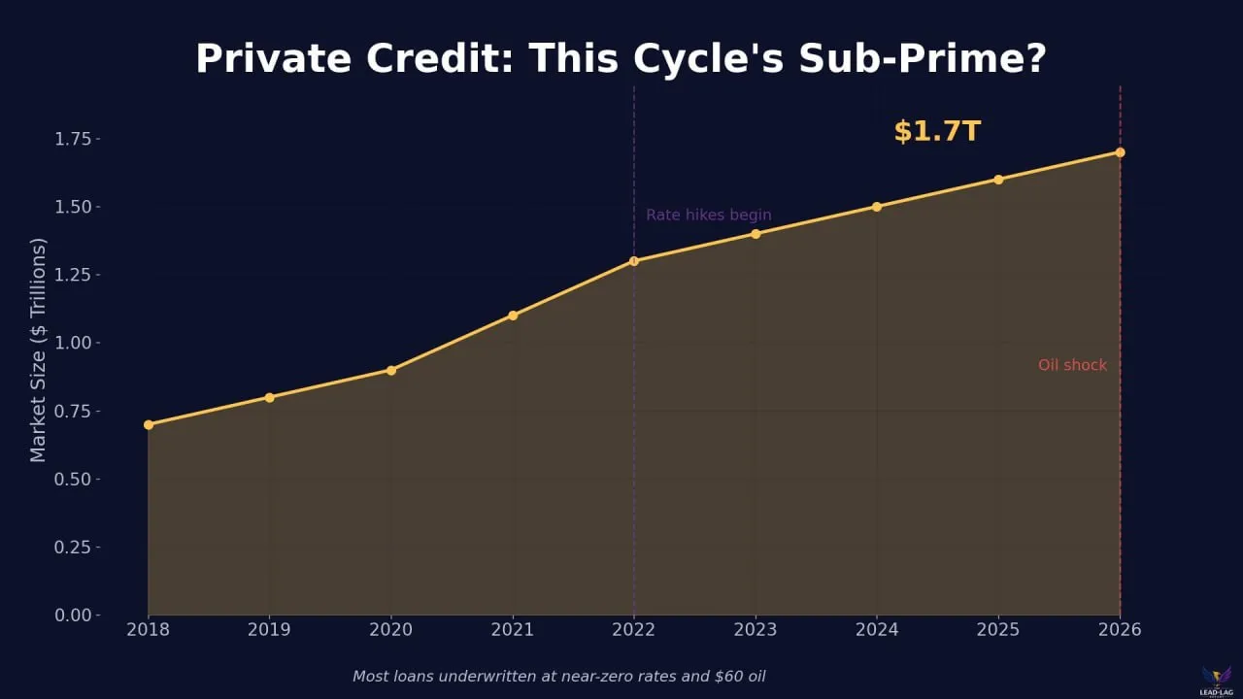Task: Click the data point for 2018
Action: coord(149,424)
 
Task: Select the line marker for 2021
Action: coord(513,316)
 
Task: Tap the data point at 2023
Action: coord(756,234)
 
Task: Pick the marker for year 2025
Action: coord(998,180)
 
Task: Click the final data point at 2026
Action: coord(1120,152)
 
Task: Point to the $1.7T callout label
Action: coord(937,131)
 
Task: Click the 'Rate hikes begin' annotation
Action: coord(709,216)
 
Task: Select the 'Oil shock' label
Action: coord(1072,365)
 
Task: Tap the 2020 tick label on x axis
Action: coord(391,630)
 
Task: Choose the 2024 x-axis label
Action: coord(877,630)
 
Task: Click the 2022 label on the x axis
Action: coord(634,630)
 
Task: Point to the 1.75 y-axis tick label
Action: coord(73,139)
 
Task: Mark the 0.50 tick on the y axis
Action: coord(73,480)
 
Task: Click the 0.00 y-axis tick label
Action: coord(73,616)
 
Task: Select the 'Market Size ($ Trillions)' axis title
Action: coord(38,349)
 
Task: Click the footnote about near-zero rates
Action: coord(558,676)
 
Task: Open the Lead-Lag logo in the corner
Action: coord(1216,679)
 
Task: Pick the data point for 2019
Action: coord(270,397)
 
